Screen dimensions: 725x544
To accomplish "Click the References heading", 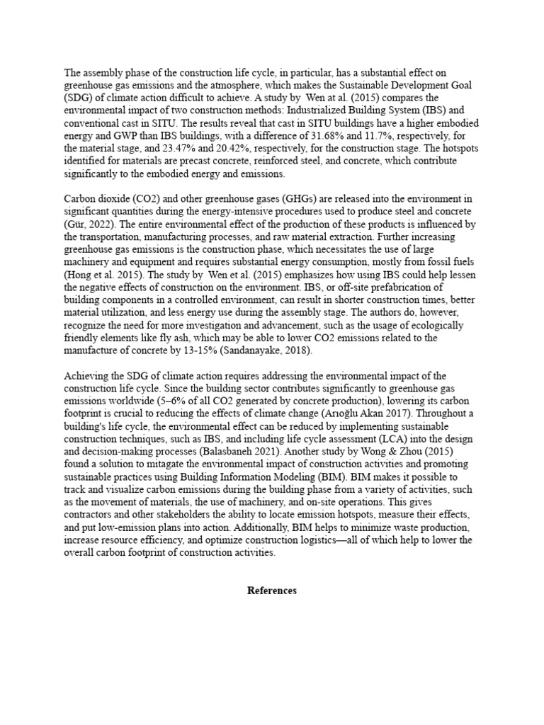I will pos(272,590).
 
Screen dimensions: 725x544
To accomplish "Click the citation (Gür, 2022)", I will pos(87,213).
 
